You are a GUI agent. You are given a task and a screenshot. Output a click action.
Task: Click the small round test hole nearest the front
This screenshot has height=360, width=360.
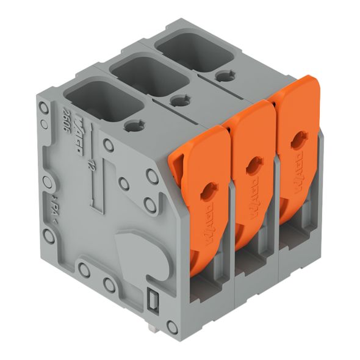[131, 126]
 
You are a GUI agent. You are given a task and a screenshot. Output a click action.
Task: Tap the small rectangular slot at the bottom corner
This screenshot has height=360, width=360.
[154, 300]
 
